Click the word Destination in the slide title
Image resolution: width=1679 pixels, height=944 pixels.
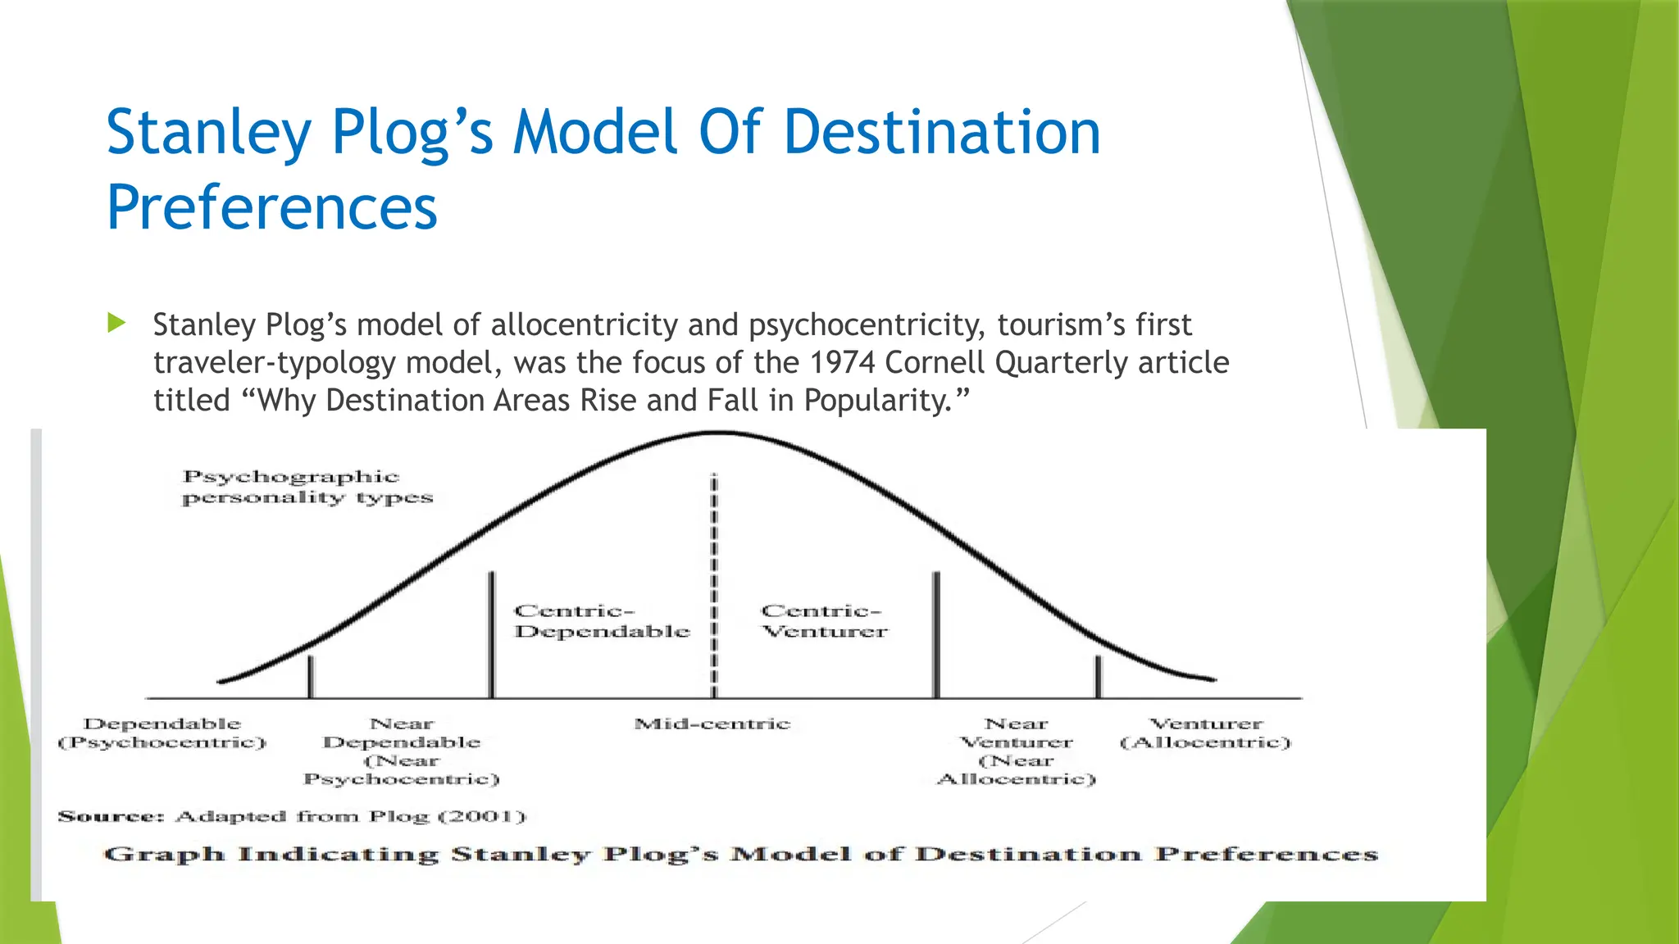coord(941,133)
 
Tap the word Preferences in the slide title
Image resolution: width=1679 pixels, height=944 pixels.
coord(271,208)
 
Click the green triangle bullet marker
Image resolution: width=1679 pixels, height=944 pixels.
coord(116,323)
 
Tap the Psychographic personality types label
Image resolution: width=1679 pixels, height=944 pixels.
coord(307,487)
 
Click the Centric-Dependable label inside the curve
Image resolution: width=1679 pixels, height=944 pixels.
coord(601,621)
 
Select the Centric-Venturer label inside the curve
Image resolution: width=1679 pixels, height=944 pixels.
coord(824,621)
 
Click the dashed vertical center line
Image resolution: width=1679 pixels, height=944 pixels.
coord(713,574)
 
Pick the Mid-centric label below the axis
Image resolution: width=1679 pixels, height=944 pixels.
coord(712,724)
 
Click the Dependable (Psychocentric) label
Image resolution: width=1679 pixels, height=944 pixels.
coord(162,733)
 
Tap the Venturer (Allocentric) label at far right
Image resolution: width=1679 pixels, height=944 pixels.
coord(1205,733)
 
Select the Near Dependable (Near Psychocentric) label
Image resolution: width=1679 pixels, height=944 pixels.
coord(402,751)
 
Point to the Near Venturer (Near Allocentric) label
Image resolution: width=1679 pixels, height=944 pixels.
coord(1017,751)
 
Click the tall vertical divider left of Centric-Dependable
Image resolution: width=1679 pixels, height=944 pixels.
coord(491,635)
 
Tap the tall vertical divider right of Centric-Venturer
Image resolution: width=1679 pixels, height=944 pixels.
coord(936,635)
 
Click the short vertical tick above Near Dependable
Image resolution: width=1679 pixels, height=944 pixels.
coord(310,677)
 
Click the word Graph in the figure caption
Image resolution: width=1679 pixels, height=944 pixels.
coord(164,855)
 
